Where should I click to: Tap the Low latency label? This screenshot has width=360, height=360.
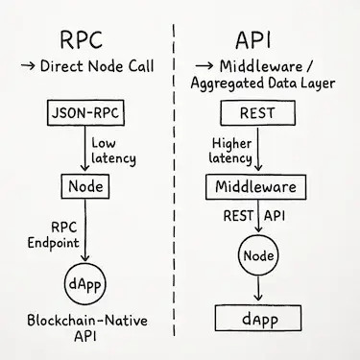click(112, 149)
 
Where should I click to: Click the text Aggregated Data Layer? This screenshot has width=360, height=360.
click(265, 85)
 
